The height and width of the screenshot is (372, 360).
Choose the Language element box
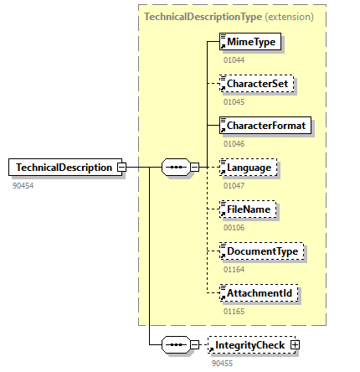[249, 168]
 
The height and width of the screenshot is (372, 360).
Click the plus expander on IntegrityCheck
[295, 344]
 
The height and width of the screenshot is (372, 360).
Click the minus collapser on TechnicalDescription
[121, 168]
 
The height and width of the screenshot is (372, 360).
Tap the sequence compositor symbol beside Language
[175, 168]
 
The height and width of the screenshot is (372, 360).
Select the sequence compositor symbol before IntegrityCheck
[175, 344]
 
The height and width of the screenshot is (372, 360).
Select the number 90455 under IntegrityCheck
[221, 362]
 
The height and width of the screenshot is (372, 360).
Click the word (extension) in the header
[291, 16]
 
